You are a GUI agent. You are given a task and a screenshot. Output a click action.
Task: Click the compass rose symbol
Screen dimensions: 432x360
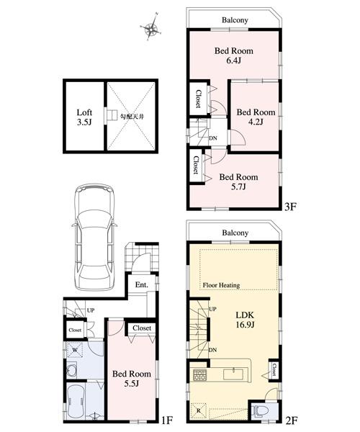click(x=151, y=29)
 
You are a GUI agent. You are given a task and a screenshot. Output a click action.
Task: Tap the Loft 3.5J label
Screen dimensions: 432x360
click(x=85, y=117)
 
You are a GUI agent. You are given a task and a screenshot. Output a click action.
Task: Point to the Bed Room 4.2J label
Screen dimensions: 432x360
click(x=256, y=117)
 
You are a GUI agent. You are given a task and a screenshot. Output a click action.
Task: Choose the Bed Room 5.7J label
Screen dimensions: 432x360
click(x=238, y=181)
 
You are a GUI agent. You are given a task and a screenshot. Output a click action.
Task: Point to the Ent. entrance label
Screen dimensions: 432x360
click(x=141, y=284)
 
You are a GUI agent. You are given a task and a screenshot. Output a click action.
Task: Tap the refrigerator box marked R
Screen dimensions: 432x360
click(x=199, y=410)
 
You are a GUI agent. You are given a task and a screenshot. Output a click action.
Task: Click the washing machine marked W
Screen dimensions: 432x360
click(x=75, y=351)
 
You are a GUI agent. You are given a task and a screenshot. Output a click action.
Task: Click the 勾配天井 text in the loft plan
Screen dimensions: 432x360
click(x=130, y=115)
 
